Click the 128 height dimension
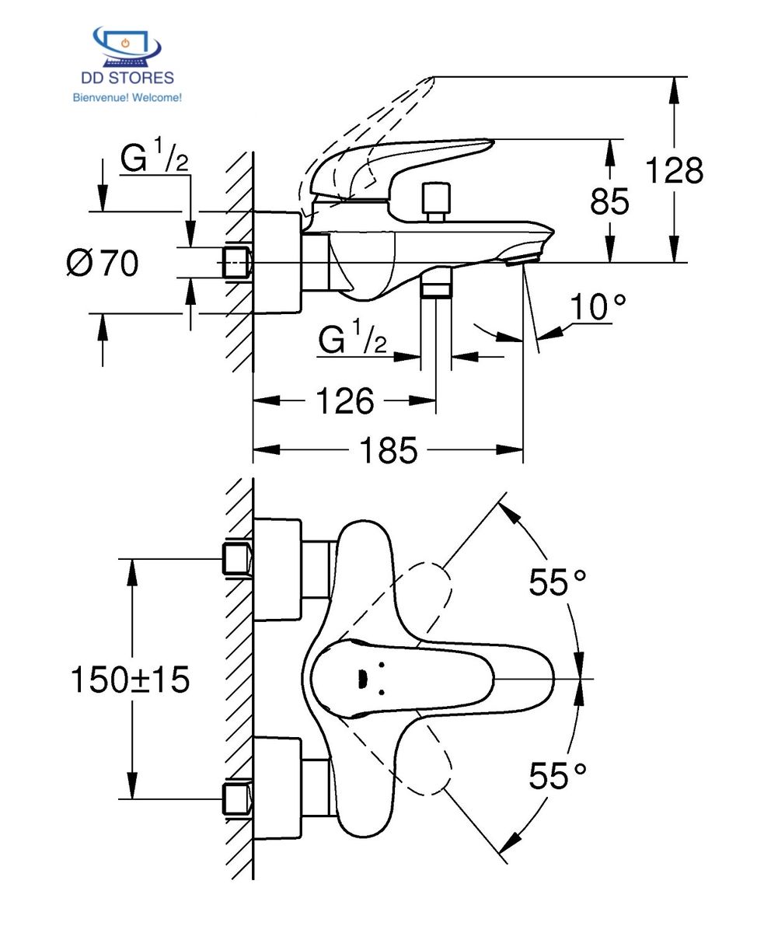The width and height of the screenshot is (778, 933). pyautogui.click(x=674, y=170)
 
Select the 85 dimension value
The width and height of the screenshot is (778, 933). pyautogui.click(x=609, y=201)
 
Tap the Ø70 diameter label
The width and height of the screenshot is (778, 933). pyautogui.click(x=103, y=264)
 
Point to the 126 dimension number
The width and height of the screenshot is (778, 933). pyautogui.click(x=345, y=400)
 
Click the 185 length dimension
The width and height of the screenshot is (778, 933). pyautogui.click(x=388, y=450)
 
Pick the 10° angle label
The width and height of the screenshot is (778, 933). pyautogui.click(x=597, y=306)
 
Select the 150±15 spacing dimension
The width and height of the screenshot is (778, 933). pyautogui.click(x=130, y=680)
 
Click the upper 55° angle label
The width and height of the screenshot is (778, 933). pyautogui.click(x=557, y=582)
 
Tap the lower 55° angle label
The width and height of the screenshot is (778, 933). pyautogui.click(x=557, y=776)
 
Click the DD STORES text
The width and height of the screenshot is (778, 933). pyautogui.click(x=127, y=78)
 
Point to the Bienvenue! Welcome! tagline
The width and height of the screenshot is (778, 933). pyautogui.click(x=127, y=97)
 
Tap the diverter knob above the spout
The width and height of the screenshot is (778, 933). pyautogui.click(x=435, y=201)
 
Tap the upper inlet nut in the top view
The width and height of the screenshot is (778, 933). pyautogui.click(x=237, y=558)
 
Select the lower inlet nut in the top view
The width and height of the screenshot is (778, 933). pyautogui.click(x=237, y=799)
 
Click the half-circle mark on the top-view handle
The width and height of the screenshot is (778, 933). pyautogui.click(x=362, y=680)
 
